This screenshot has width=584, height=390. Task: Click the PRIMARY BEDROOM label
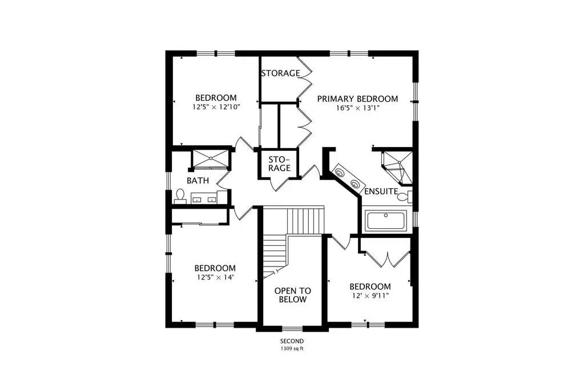point(357,99)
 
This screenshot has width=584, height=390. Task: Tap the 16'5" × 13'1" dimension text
point(357,108)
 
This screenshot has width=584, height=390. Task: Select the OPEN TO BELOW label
point(293,295)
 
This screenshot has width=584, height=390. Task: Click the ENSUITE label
point(381,192)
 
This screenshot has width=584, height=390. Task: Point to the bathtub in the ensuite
point(386,221)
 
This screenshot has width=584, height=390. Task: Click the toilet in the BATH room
point(180,196)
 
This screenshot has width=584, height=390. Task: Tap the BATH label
point(198,181)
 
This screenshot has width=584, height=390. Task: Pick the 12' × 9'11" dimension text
point(370,296)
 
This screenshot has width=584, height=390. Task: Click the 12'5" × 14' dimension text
point(215,277)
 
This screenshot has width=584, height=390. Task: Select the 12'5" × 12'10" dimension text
point(216,107)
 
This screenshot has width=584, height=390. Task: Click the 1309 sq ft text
point(292,349)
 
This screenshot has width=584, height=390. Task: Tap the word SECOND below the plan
point(292,341)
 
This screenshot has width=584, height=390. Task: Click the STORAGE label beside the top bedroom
point(280,73)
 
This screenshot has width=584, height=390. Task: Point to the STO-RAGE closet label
point(279,164)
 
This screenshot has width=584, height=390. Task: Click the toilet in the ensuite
point(405,196)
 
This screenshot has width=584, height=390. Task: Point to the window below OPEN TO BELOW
point(292,328)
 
